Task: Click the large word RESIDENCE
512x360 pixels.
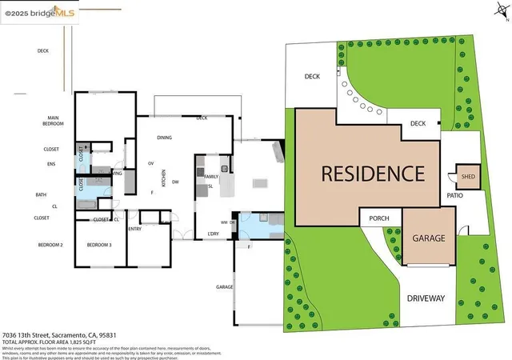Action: point(373,174)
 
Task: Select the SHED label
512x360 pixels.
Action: point(468,177)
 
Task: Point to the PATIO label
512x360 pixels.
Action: point(456,196)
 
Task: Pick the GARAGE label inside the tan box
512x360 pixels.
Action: point(428,238)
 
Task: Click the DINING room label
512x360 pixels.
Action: point(165,138)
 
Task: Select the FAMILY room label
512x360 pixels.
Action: point(211,176)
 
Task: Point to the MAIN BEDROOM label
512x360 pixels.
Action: point(53,122)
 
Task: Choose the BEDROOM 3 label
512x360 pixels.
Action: point(99,244)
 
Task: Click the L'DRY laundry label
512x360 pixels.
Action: point(214,234)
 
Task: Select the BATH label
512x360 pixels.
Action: point(41,194)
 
